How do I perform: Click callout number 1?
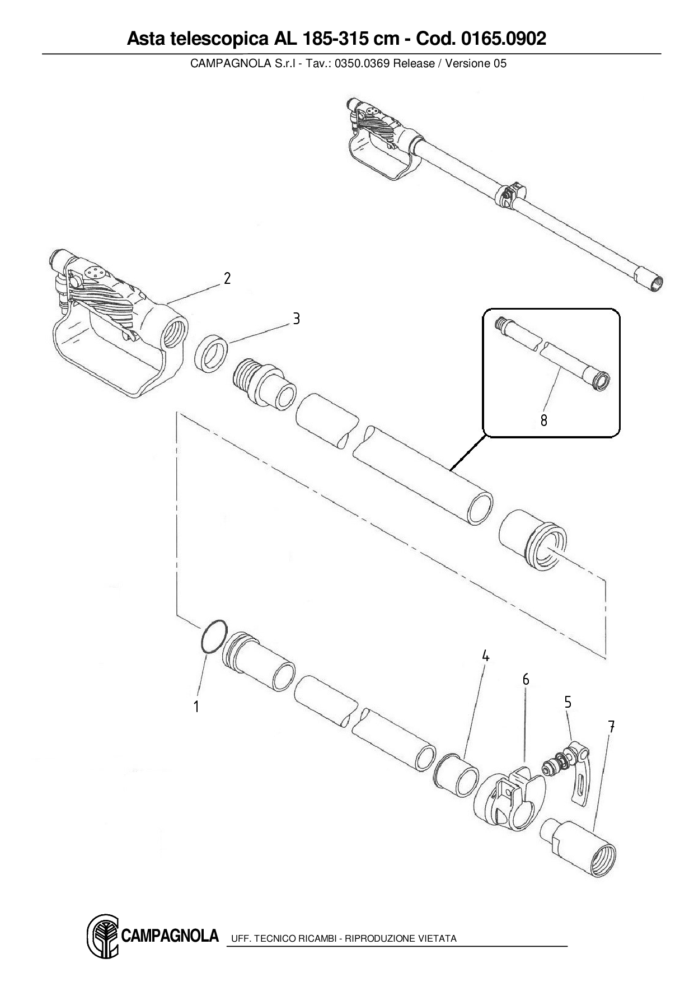click(x=196, y=707)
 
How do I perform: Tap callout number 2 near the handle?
click(x=227, y=278)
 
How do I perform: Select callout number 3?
click(x=297, y=319)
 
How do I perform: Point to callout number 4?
click(x=485, y=656)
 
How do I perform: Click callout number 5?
click(x=568, y=702)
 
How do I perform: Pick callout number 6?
click(x=526, y=679)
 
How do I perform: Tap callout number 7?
click(x=611, y=727)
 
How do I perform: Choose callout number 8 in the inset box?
click(x=544, y=420)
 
